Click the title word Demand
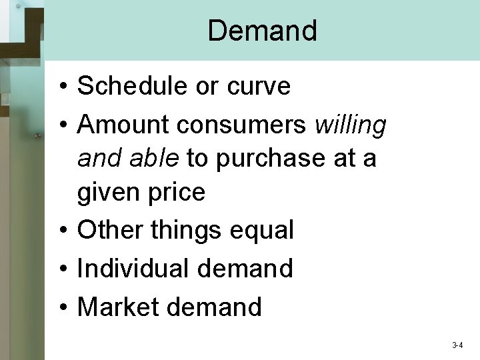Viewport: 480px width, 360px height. coord(262,31)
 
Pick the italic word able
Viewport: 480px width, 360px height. coord(155,158)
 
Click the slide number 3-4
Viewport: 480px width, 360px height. coord(457,345)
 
